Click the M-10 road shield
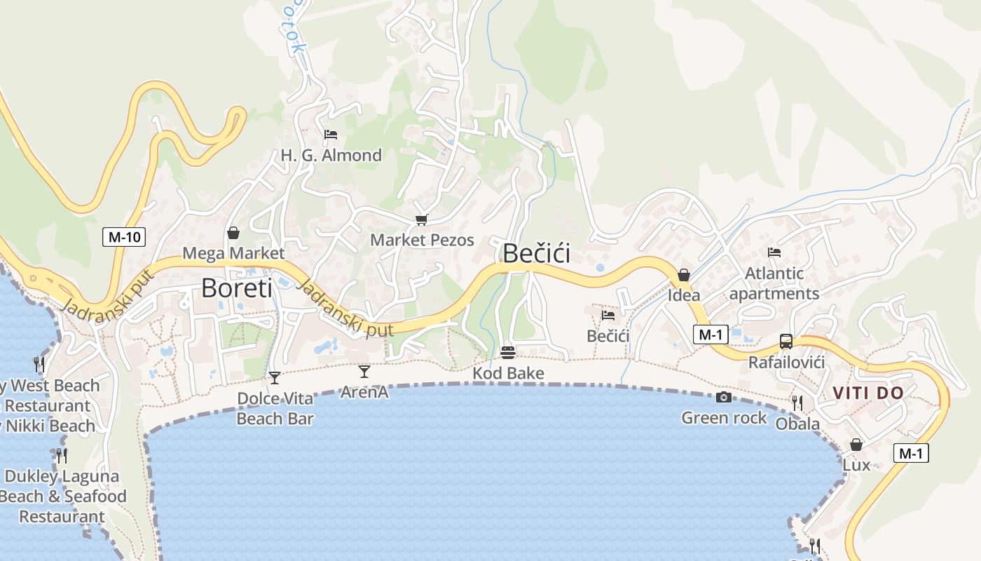click(x=124, y=237)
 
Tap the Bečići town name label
click(x=537, y=253)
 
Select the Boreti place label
click(x=237, y=288)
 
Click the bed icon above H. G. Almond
click(x=331, y=134)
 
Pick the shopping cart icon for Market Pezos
click(x=421, y=220)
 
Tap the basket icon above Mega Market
click(x=233, y=233)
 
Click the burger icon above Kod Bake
click(x=508, y=352)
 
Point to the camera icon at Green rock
click(x=724, y=398)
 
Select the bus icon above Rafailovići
click(x=786, y=342)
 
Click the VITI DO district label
click(x=869, y=393)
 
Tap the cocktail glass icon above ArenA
click(x=364, y=371)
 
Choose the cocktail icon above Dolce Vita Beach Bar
click(x=275, y=378)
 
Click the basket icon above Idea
click(x=683, y=275)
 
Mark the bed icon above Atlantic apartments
click(x=774, y=252)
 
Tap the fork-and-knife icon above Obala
click(x=797, y=403)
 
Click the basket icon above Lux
click(x=856, y=445)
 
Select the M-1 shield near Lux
click(x=911, y=454)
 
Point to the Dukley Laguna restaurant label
click(x=62, y=496)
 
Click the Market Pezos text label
click(x=422, y=240)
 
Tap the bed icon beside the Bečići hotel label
click(x=608, y=316)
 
